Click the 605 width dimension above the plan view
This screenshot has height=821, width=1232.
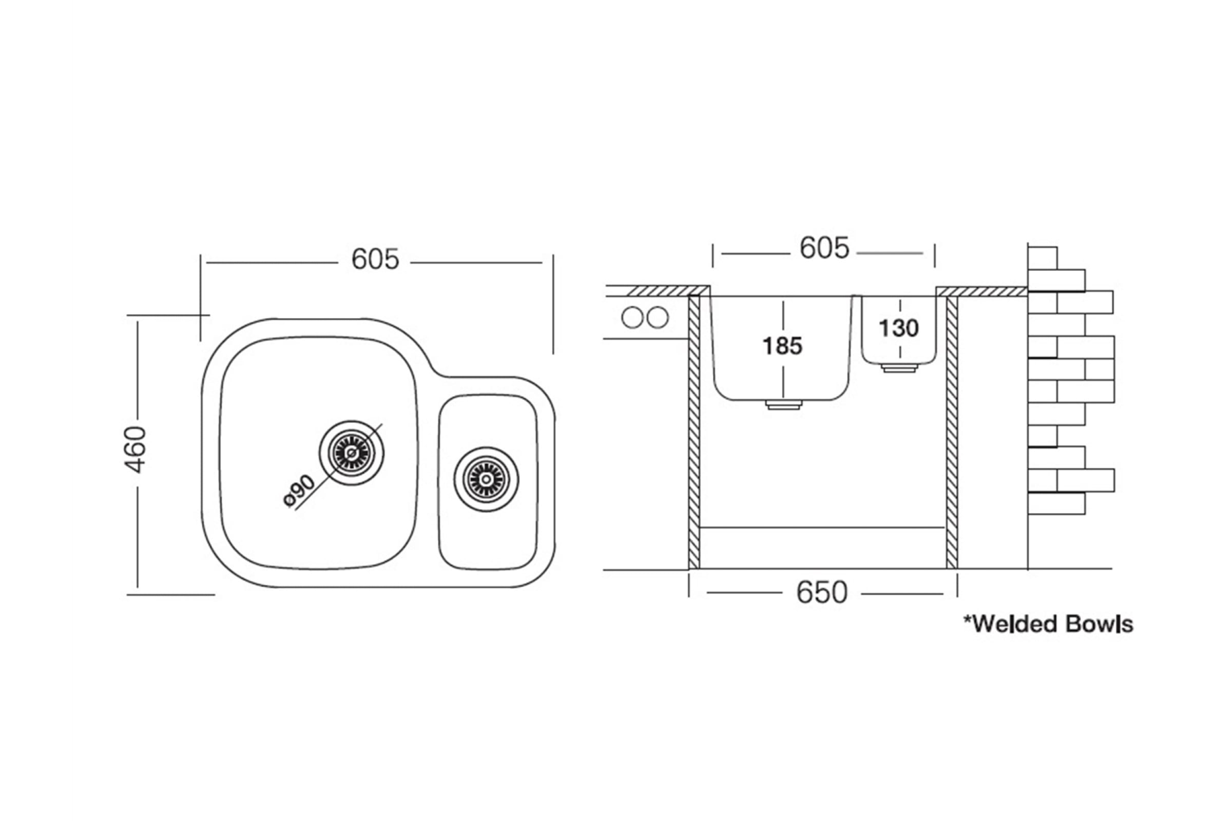pyautogui.click(x=375, y=259)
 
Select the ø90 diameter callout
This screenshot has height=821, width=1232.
pyautogui.click(x=299, y=491)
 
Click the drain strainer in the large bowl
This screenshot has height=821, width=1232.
pyautogui.click(x=352, y=453)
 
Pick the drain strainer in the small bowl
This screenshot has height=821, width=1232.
pyautogui.click(x=486, y=479)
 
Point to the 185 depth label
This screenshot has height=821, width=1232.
pyautogui.click(x=782, y=346)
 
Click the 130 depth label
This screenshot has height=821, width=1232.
pyautogui.click(x=898, y=328)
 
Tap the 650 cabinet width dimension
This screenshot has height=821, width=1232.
pyautogui.click(x=821, y=593)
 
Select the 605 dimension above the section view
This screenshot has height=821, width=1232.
pyautogui.click(x=824, y=248)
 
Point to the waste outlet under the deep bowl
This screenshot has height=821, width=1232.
pyautogui.click(x=784, y=405)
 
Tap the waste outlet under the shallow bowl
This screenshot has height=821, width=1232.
pyautogui.click(x=899, y=368)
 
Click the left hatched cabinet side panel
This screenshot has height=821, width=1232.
pyautogui.click(x=694, y=432)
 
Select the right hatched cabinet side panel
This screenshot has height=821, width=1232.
pyautogui.click(x=952, y=432)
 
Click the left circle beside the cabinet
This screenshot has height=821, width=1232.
pyautogui.click(x=632, y=317)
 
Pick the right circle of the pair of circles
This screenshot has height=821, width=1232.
pyautogui.click(x=658, y=317)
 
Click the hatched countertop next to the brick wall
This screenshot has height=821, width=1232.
pyautogui.click(x=981, y=291)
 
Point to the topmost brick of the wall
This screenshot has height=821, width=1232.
pyautogui.click(x=1043, y=258)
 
